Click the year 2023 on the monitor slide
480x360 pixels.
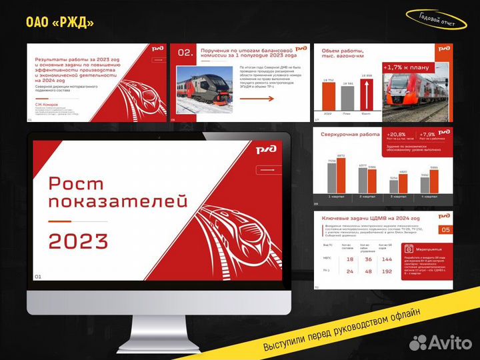click(78, 241)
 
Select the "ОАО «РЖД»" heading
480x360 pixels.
click(60, 23)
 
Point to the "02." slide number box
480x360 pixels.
click(185, 53)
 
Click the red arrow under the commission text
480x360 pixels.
click(257, 99)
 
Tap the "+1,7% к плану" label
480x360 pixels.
click(406, 67)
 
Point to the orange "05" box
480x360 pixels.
click(445, 229)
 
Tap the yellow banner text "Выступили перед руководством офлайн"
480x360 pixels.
click(341, 330)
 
